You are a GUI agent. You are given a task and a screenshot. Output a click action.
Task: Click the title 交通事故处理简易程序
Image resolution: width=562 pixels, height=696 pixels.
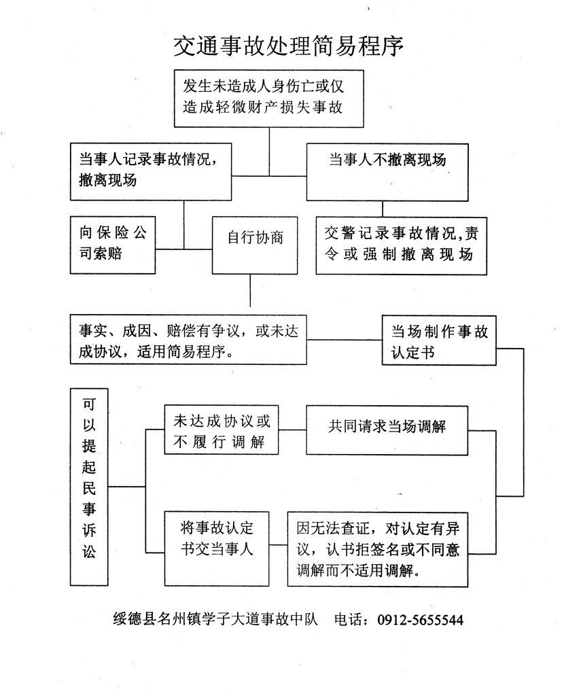point(289,46)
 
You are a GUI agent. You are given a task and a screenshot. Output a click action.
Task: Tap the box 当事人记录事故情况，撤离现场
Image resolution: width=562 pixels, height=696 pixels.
point(151,171)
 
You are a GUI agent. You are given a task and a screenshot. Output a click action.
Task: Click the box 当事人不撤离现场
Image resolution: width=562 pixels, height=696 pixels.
point(387,171)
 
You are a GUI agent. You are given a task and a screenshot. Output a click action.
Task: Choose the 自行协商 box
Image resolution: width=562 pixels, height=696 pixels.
point(255,245)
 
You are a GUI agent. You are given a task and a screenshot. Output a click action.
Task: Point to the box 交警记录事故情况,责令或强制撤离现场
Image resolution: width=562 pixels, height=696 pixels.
point(401,245)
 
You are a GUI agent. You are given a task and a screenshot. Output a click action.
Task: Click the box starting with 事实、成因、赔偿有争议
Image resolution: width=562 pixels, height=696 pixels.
point(188,339)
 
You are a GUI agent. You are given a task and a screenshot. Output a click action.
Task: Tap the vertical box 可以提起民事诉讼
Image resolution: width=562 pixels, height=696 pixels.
point(89,487)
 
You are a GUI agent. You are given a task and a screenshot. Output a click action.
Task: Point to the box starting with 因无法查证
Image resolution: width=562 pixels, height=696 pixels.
point(378,549)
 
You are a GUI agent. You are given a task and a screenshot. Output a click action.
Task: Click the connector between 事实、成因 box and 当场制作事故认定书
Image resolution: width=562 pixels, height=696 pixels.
point(344,339)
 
